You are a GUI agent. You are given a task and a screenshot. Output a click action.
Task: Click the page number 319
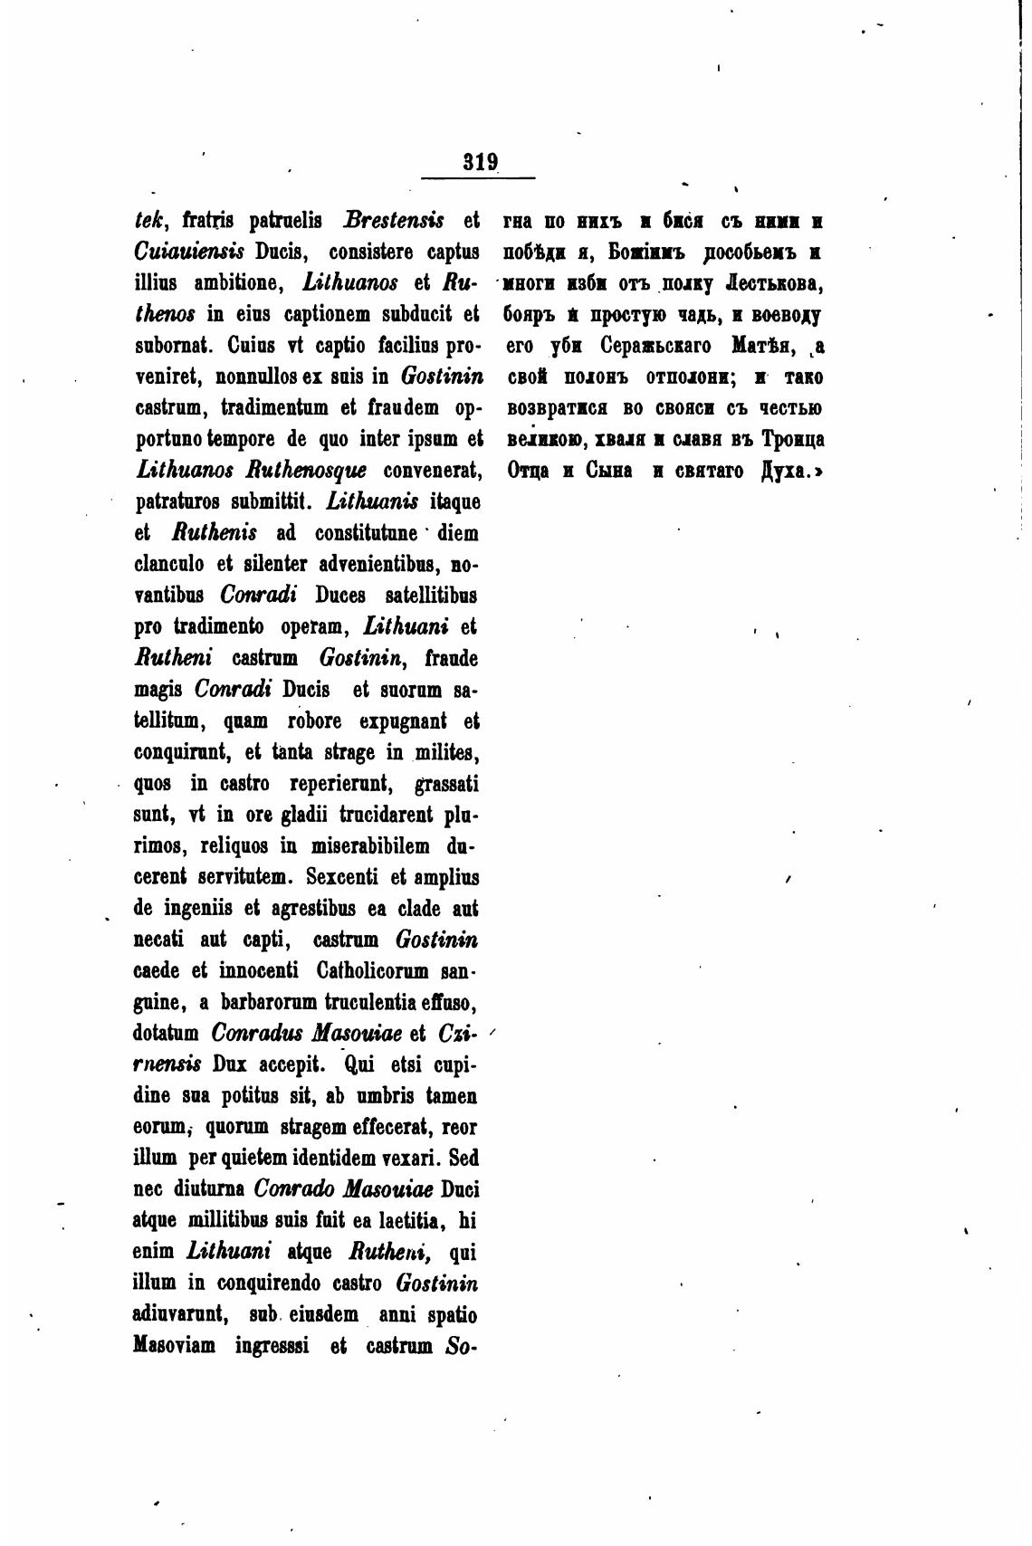[x=480, y=163]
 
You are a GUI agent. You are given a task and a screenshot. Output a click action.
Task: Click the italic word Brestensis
[x=394, y=221]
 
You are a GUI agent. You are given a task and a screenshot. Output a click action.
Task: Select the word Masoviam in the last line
[x=174, y=1346]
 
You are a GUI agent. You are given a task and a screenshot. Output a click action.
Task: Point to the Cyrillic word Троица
[x=793, y=440]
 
